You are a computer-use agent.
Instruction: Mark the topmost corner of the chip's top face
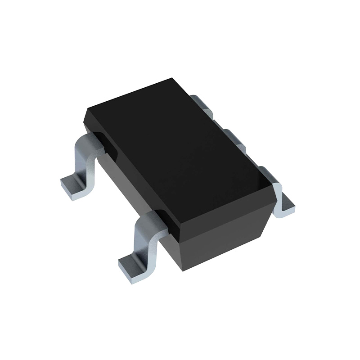173,78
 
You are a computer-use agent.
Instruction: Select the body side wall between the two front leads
130,189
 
